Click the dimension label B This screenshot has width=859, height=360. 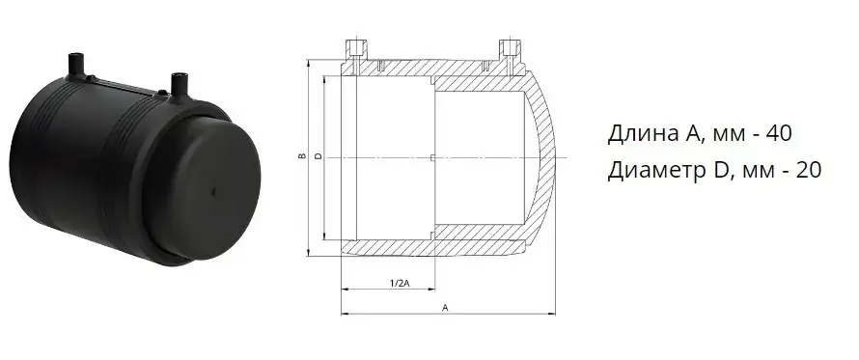[x=301, y=156]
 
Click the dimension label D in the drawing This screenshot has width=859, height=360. [x=319, y=156]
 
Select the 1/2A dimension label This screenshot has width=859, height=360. [x=400, y=284]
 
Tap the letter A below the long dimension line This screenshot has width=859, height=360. [x=445, y=308]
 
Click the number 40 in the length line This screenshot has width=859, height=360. [x=779, y=134]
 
